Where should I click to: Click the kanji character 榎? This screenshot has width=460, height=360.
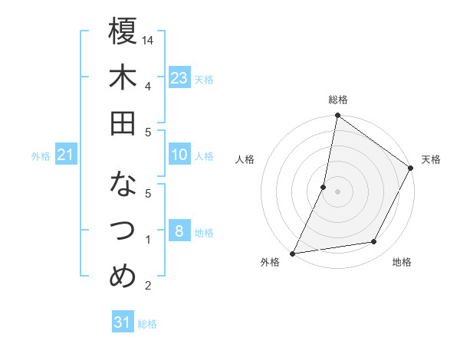pyautogui.click(x=123, y=31)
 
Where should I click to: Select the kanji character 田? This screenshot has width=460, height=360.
pyautogui.click(x=123, y=123)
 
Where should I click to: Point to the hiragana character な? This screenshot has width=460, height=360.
pyautogui.click(x=123, y=185)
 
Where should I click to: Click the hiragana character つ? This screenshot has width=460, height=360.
pyautogui.click(x=123, y=231)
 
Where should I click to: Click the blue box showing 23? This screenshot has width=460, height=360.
pyautogui.click(x=179, y=77)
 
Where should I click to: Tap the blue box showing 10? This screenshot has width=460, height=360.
pyautogui.click(x=179, y=155)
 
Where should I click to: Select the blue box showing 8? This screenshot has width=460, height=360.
pyautogui.click(x=179, y=231)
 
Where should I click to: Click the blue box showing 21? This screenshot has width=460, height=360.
pyautogui.click(x=66, y=155)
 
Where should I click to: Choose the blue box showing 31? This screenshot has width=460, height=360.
pyautogui.click(x=123, y=322)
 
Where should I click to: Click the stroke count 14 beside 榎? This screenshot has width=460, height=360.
pyautogui.click(x=149, y=40)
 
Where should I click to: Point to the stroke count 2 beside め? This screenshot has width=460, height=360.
pyautogui.click(x=147, y=286)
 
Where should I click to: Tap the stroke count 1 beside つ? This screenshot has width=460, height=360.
pyautogui.click(x=147, y=240)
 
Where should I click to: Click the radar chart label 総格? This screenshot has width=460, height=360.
pyautogui.click(x=337, y=100)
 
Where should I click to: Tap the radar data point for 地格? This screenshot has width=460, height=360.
pyautogui.click(x=374, y=242)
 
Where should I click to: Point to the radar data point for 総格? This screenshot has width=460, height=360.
pyautogui.click(x=337, y=116)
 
